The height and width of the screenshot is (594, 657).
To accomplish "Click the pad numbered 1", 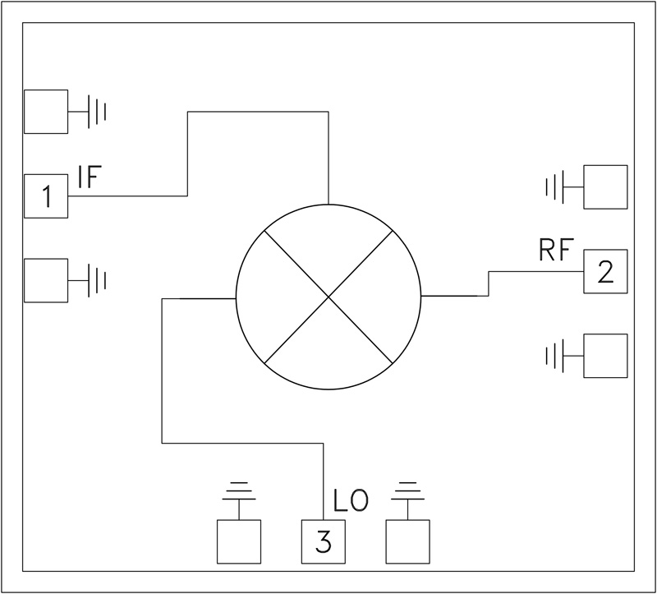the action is [45, 196].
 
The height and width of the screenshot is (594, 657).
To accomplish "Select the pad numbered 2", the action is [605, 271].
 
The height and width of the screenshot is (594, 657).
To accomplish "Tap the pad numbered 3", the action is [323, 541].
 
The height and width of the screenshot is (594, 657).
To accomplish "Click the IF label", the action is [89, 177].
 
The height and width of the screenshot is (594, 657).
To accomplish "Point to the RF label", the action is [555, 251].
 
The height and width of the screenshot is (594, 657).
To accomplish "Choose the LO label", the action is [351, 500].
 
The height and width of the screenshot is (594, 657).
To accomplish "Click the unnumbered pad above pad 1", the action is [45, 111].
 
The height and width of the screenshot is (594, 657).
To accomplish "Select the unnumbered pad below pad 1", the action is [45, 280].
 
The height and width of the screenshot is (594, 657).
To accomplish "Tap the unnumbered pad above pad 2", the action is [605, 186].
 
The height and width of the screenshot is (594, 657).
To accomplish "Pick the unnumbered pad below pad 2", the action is [605, 356].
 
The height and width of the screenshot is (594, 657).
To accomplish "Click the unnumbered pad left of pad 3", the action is [238, 541].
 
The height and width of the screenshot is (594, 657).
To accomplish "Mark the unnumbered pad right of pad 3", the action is [407, 541].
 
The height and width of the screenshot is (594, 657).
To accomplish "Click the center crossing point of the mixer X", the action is [328, 295].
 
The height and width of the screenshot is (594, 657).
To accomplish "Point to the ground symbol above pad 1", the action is [97, 111].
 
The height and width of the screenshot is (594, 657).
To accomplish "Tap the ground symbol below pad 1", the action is [97, 280].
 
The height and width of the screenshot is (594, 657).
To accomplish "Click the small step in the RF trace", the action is [489, 283].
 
